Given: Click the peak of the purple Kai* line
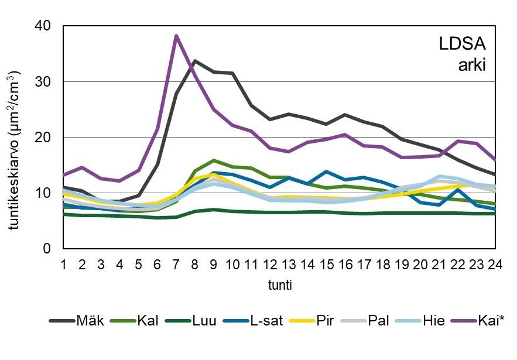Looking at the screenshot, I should (x=176, y=36).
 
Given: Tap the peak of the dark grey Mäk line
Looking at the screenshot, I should (x=194, y=61).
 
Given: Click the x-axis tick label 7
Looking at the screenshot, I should (x=176, y=264).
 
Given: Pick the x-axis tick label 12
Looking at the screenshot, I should (x=270, y=264).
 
